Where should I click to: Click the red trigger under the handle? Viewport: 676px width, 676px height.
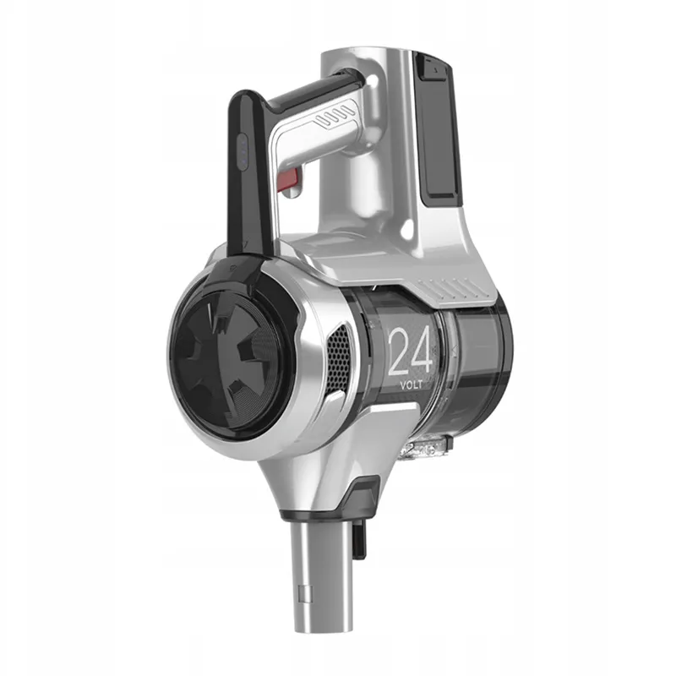pyautogui.click(x=290, y=180)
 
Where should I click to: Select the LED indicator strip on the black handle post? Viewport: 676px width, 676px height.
pyautogui.click(x=243, y=152)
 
